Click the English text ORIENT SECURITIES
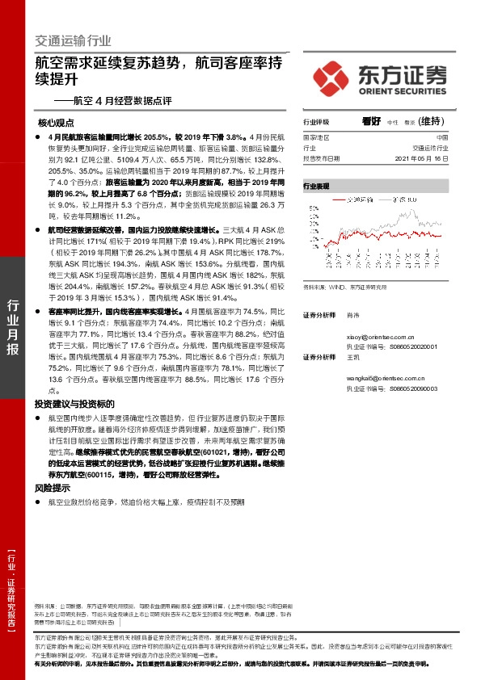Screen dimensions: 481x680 pyautogui.click(x=397, y=90)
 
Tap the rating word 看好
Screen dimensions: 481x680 pyautogui.click(x=371, y=121)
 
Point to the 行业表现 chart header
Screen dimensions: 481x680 pyautogui.click(x=316, y=186)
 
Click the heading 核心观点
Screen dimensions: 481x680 pyautogui.click(x=56, y=124)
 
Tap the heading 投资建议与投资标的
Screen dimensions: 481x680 pyautogui.click(x=74, y=404)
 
